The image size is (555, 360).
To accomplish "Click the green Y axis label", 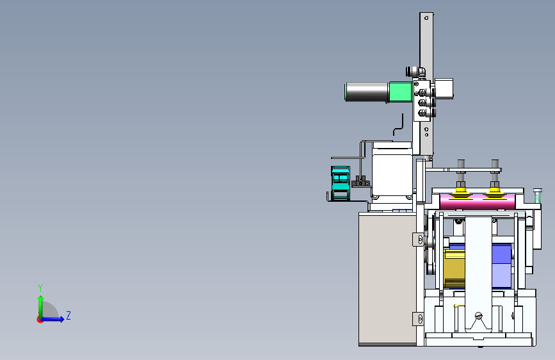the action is pyautogui.click(x=40, y=288).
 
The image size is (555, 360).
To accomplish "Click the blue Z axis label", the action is pyautogui.click(x=68, y=315).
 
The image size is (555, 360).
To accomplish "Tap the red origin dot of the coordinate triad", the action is pyautogui.click(x=40, y=320).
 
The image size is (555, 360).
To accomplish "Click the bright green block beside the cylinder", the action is pyautogui.click(x=400, y=92).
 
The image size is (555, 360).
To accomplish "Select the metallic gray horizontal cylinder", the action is pyautogui.click(x=367, y=92).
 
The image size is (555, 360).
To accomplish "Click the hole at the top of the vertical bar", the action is pyautogui.click(x=426, y=18).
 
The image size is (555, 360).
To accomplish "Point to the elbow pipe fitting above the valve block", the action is pyautogui.click(x=415, y=72).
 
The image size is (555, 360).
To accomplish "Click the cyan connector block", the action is pyautogui.click(x=341, y=183).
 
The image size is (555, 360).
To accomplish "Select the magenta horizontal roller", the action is pyautogui.click(x=477, y=202).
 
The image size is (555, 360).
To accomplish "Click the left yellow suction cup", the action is pyautogui.click(x=460, y=193).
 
